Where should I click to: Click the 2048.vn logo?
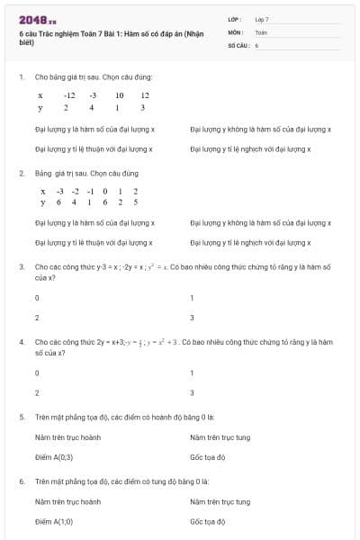coord(37,20)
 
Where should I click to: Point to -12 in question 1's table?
coord(69,94)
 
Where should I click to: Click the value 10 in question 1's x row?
coord(119,94)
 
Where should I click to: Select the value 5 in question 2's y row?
coord(135,202)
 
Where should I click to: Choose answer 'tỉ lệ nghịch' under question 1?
coord(260,149)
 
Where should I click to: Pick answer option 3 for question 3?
coord(192,318)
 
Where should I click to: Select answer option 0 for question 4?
coord(37,372)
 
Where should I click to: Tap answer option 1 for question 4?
coord(192,372)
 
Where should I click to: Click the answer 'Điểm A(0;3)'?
coord(53,458)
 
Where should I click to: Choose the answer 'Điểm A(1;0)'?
coord(53,521)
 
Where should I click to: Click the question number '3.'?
coord(22,266)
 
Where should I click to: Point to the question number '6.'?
coord(22,481)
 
